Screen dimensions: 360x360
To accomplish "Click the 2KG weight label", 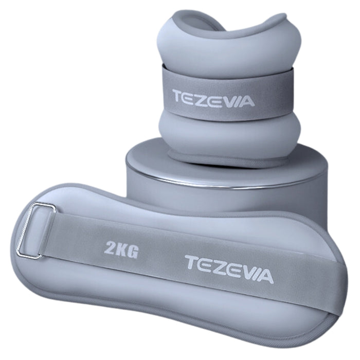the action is coord(121,249).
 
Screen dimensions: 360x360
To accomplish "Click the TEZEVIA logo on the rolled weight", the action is coord(213,99).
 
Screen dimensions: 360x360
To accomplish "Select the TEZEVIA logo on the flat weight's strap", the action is coord(229,269).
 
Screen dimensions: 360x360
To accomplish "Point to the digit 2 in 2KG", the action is coord(109,247).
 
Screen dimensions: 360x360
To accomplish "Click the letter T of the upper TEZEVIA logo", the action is coord(178,96).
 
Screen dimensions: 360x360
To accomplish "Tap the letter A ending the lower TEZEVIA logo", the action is coord(265,277).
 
